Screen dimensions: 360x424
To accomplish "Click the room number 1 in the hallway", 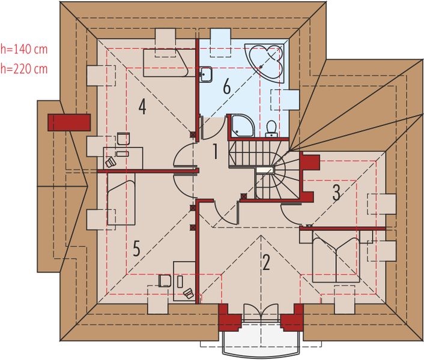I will click(213, 152).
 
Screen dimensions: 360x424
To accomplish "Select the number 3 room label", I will click(336, 192).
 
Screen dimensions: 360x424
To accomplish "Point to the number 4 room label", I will click(142, 107).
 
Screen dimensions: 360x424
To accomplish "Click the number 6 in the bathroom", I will click(226, 87).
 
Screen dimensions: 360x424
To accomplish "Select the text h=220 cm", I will click(24, 68).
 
